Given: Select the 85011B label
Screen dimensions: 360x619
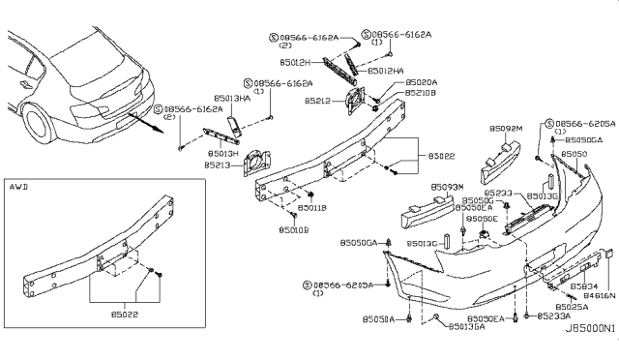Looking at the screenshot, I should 310,207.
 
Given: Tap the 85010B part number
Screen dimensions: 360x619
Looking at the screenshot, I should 294,229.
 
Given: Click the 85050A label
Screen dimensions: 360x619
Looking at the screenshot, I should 378,318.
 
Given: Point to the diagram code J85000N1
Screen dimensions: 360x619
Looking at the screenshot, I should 590,329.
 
